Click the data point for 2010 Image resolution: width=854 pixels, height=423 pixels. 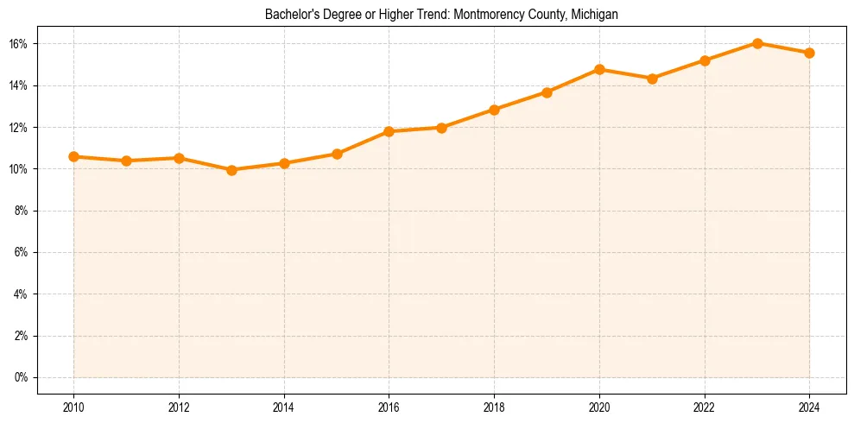73,156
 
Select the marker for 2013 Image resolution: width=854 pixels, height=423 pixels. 231,170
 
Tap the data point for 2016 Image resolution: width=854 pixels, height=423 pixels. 389,131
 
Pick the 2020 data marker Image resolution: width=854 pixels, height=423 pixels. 599,69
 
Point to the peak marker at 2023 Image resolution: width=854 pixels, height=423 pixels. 756,43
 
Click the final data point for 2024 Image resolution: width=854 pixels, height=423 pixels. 809,53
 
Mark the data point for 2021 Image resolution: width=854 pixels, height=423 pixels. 652,79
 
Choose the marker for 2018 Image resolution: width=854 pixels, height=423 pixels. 494,110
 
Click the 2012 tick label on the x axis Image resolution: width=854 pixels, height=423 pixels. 179,406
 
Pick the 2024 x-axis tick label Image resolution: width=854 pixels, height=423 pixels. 809,406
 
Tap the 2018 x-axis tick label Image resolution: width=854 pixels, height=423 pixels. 494,406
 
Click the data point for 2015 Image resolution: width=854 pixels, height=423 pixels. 337,154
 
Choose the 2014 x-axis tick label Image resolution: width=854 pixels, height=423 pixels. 284,406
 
